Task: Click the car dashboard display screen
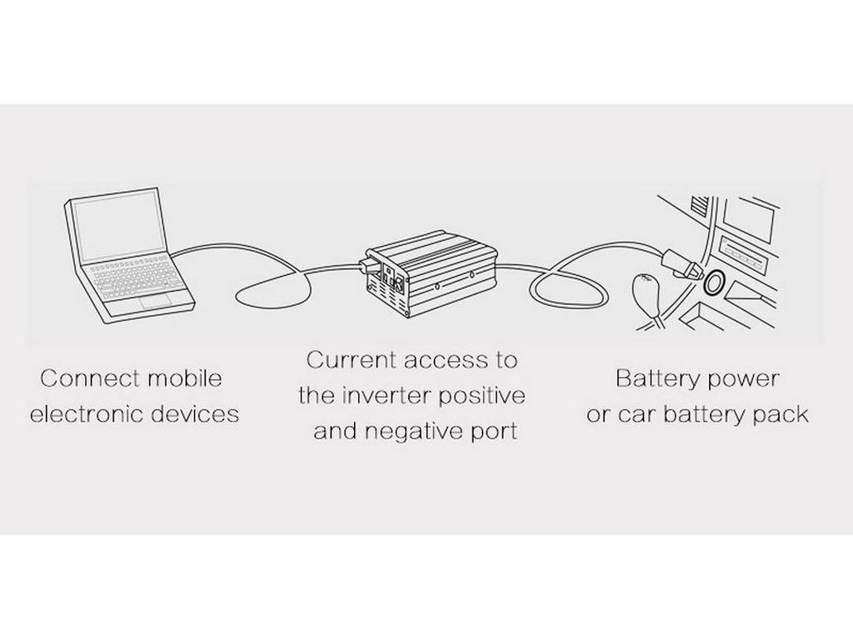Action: (746, 222)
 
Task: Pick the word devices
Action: (197, 413)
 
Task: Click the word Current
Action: (350, 360)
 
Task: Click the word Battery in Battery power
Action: (651, 378)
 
